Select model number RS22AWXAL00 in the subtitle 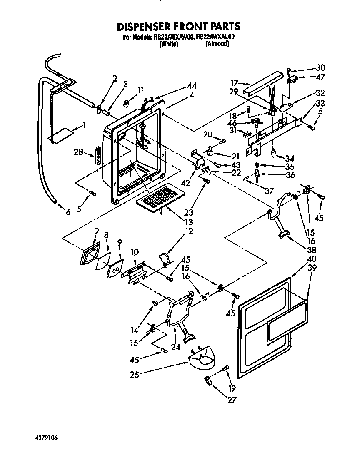pos(216,37)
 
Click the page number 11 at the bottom pos(183,437)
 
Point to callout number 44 pos(192,86)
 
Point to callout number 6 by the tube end pos(68,211)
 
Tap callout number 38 pos(311,250)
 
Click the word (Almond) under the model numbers pos(217,43)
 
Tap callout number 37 pos(269,191)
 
